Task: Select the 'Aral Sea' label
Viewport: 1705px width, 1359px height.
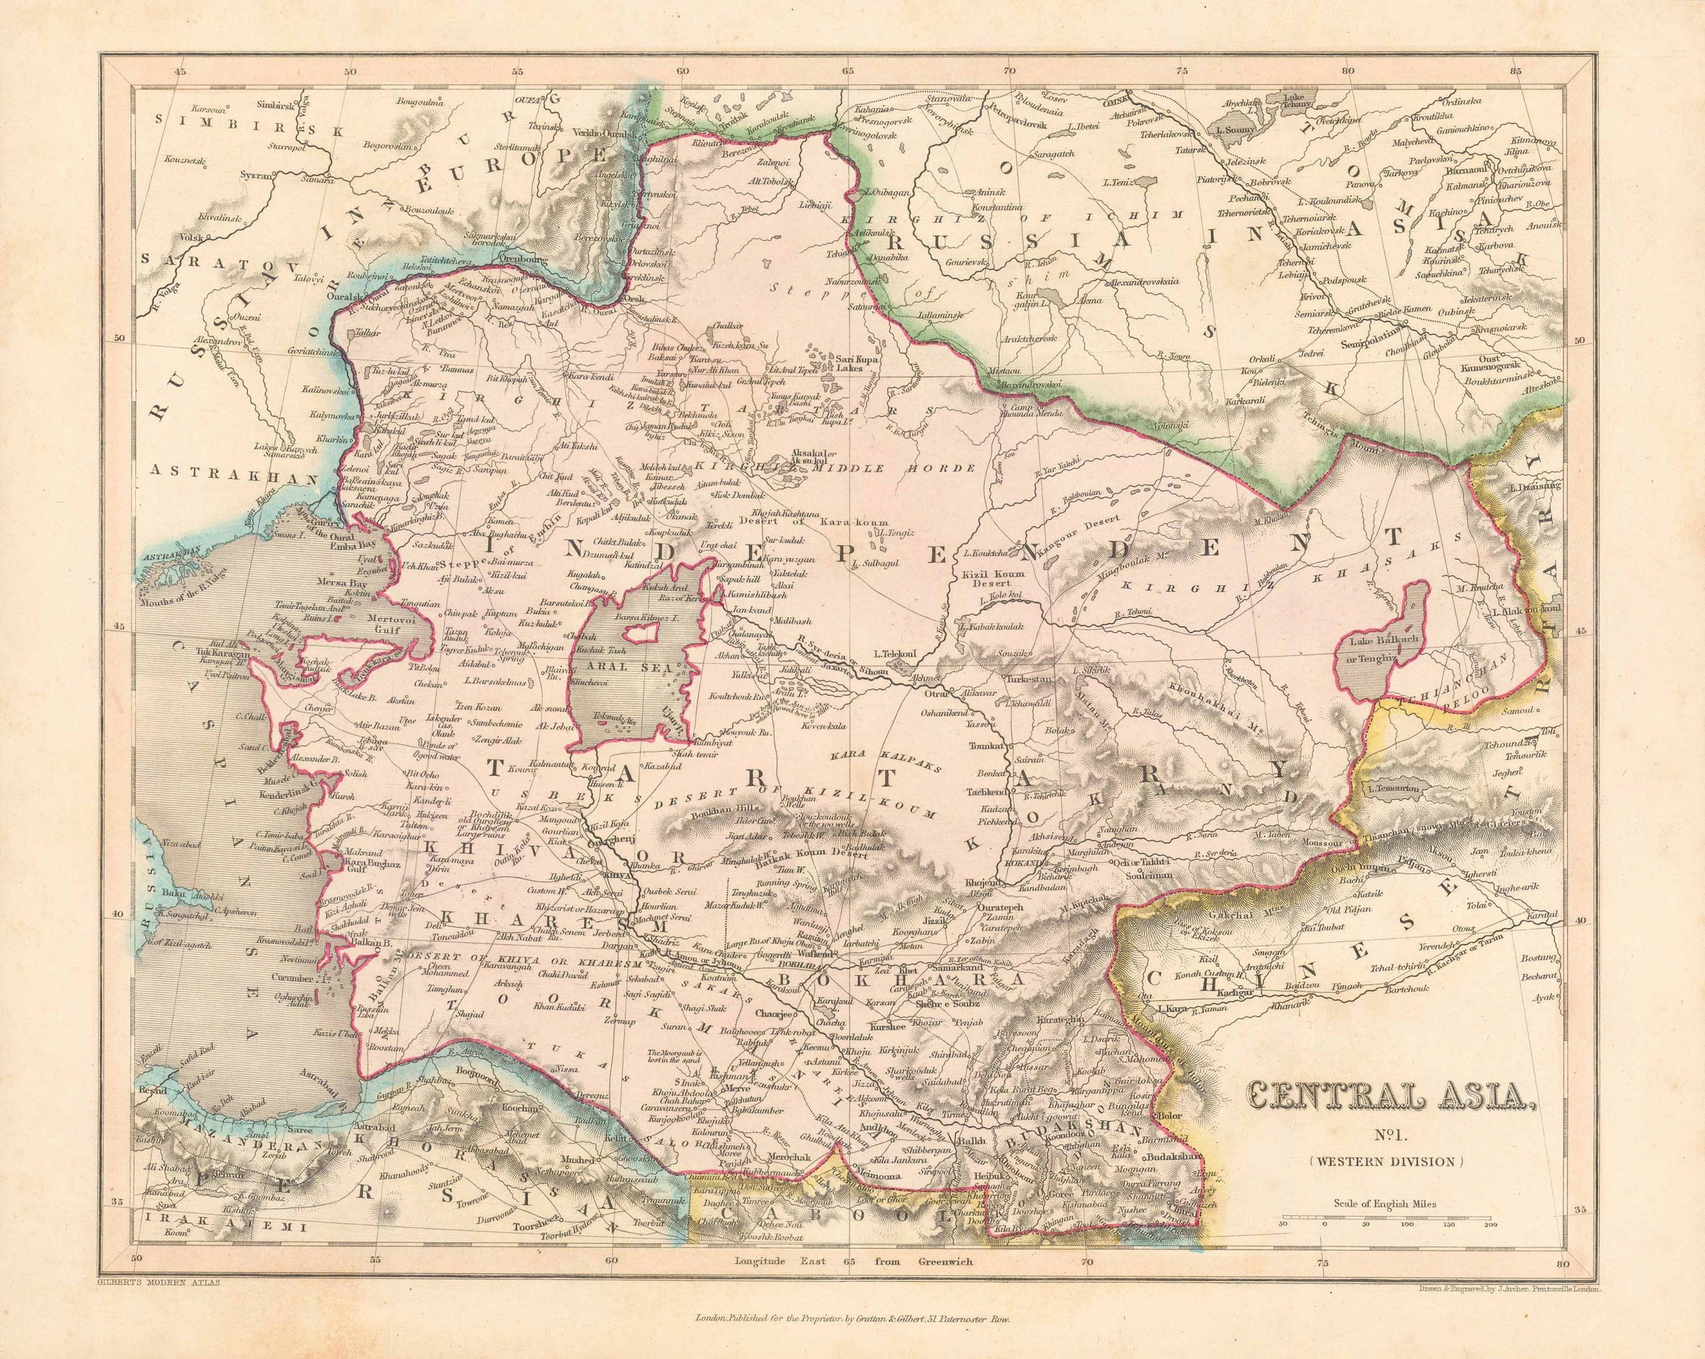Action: point(638,667)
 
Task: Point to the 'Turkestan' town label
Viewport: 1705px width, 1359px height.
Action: point(1026,679)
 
